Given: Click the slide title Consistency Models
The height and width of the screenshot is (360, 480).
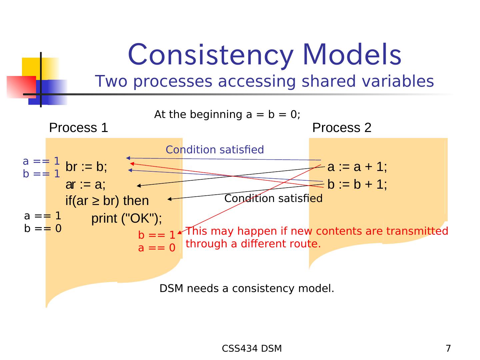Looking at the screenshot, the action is click(264, 55).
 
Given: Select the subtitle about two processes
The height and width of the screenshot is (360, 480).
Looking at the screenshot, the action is click(264, 81).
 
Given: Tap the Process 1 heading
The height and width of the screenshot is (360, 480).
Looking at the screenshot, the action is click(79, 128).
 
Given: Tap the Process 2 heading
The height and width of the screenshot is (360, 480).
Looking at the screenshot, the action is click(342, 128).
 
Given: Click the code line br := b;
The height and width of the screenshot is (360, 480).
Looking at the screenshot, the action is click(86, 167).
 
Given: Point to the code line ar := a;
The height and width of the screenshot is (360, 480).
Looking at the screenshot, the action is click(85, 184).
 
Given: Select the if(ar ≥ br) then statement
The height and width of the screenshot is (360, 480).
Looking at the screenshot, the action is click(107, 201).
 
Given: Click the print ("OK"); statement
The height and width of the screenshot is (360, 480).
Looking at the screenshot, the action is click(127, 219).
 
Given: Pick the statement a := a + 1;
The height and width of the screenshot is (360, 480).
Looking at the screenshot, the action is click(357, 167).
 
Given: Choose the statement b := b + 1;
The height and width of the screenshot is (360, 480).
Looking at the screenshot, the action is click(357, 184).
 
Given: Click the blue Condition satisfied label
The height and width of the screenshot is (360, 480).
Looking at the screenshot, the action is click(215, 150).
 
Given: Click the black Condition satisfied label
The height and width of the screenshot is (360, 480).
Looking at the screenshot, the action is click(273, 199).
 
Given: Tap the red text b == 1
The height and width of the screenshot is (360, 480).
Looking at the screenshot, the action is click(157, 235).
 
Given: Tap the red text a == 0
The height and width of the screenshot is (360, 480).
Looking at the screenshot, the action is click(157, 248).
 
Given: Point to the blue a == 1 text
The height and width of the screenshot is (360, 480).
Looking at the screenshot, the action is click(41, 161).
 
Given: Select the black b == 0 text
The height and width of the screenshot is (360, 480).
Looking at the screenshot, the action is click(43, 229).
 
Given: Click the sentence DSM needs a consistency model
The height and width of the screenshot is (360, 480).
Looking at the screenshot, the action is click(247, 289).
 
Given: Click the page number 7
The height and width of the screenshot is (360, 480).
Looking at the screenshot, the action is click(448, 349).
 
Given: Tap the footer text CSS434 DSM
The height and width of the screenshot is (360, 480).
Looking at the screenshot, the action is click(252, 349).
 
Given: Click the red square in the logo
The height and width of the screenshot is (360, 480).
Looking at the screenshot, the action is click(21, 87).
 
